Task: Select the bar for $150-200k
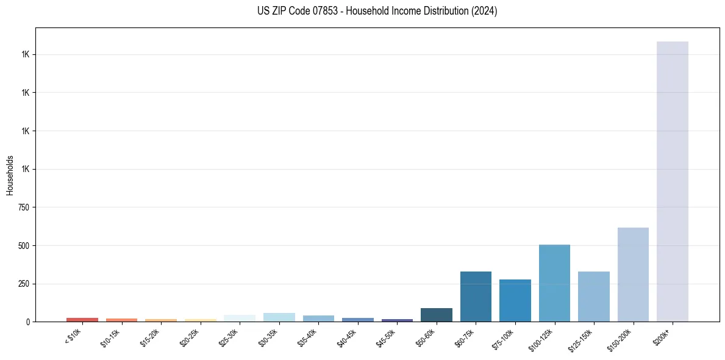point(633,275)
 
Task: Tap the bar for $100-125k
point(554,283)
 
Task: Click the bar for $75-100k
point(515,300)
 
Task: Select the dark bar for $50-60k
point(436,315)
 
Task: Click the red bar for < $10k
point(82,319)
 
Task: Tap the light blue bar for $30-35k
point(279,317)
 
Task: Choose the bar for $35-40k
point(318,319)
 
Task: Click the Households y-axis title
point(10,175)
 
